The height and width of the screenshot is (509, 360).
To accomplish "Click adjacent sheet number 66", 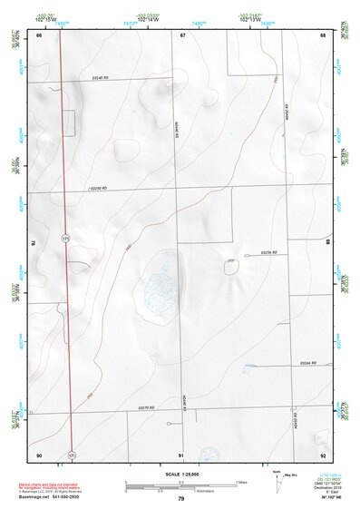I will pos(39,34).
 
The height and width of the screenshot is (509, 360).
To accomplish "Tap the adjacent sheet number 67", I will pos(182,34).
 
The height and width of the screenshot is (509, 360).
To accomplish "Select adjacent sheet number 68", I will pos(323,34).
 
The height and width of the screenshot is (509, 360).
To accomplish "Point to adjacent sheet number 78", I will pos(34,243).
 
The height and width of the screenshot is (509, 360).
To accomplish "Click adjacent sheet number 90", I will pos(39,454).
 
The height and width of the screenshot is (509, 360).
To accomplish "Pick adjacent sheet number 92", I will pos(323,454).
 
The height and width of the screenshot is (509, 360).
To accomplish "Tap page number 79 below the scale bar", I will pos(181,499).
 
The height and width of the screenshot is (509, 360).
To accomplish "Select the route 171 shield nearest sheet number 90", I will pos(72,453).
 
